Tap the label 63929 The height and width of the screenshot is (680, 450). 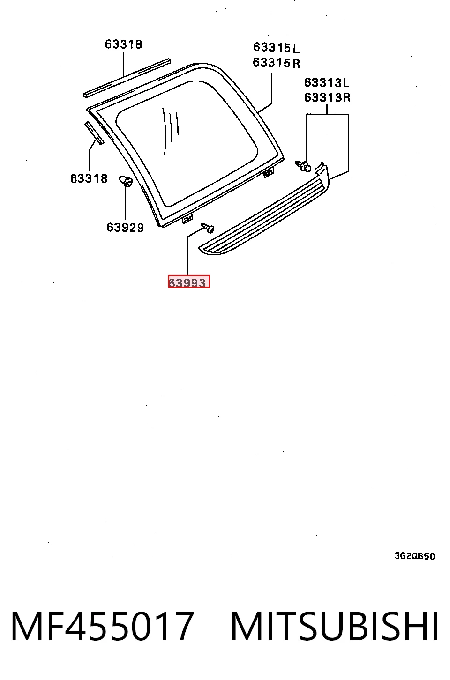coord(125,228)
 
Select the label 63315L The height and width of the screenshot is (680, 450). coord(276,47)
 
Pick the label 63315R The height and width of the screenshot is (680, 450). coord(276,63)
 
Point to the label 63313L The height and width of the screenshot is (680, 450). coord(327,82)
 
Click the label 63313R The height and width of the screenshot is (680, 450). coord(327,97)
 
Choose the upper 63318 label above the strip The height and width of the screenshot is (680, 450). coord(124,44)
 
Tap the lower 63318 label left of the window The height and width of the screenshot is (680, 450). coord(89,178)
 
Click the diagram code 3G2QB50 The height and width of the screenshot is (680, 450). coord(415,556)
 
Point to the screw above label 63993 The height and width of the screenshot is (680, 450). coord(208,228)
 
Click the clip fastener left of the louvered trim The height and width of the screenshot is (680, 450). coord(303,166)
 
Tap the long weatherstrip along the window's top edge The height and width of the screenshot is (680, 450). coord(127,78)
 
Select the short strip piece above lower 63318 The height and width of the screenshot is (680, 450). coord(94,133)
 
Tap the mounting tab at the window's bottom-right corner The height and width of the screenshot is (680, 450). coord(269,173)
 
